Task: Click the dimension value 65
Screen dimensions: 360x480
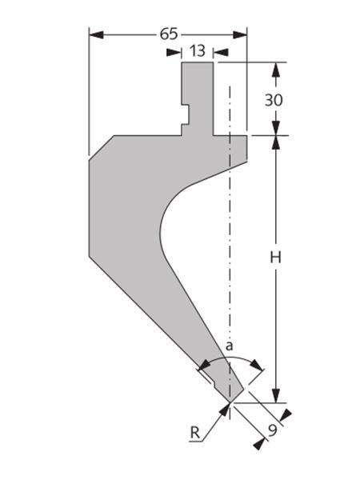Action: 169,34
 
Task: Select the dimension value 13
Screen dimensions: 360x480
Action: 197,51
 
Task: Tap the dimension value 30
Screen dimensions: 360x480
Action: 274,100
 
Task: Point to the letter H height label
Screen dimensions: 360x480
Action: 275,258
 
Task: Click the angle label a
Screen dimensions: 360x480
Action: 229,346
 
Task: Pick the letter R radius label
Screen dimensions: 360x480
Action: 194,433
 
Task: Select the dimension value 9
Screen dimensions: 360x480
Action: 273,430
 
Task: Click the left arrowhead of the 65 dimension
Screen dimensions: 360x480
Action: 96,34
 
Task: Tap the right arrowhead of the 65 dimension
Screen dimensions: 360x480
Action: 240,34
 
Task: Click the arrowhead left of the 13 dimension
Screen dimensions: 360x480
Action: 174,52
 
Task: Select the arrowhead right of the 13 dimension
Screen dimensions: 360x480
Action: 221,52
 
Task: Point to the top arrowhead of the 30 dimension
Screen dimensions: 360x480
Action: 276,70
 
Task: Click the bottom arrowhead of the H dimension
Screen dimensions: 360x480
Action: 276,395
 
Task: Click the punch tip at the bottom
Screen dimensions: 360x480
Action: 230,402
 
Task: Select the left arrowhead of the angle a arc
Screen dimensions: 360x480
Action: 204,365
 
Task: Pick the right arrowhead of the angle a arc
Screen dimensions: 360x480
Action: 257,365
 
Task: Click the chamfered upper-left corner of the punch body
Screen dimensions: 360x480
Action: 102,147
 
